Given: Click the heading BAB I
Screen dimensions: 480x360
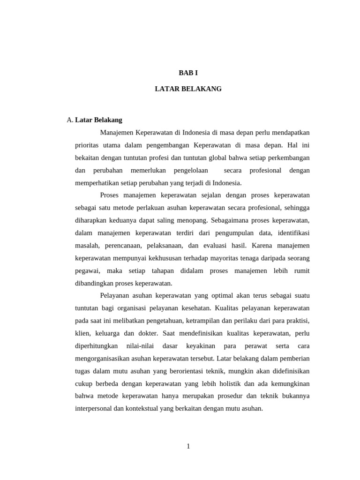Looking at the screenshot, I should click(188, 73).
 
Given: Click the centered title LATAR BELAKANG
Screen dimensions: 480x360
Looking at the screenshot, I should click(188, 89).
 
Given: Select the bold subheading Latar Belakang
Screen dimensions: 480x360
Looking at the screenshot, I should click(98, 120).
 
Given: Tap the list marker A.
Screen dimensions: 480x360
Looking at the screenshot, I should click(70, 120).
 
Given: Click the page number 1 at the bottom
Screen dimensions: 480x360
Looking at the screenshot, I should click(188, 446).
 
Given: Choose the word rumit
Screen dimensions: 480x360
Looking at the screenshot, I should click(301, 271).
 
